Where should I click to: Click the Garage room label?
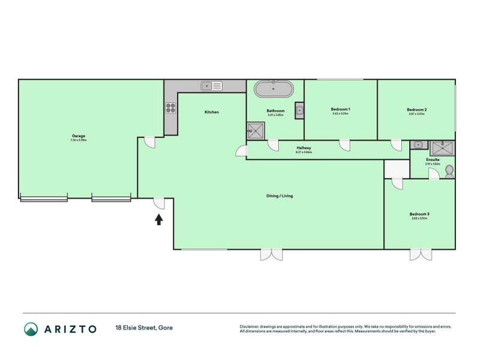click(x=79, y=136)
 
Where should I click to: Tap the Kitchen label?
click(x=211, y=112)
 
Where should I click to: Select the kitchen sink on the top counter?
click(x=211, y=86)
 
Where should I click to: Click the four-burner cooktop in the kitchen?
click(x=170, y=109)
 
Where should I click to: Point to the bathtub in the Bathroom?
click(x=274, y=90)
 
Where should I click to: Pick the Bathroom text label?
click(x=275, y=111)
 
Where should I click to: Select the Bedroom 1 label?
click(x=340, y=109)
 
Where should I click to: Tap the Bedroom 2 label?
click(x=416, y=110)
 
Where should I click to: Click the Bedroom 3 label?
click(x=419, y=214)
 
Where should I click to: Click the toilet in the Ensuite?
click(x=449, y=172)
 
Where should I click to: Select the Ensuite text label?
click(x=433, y=160)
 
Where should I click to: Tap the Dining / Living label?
click(x=280, y=196)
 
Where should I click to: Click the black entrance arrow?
click(x=159, y=220)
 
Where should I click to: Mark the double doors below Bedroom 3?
click(x=419, y=254)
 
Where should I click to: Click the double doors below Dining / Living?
click(x=271, y=254)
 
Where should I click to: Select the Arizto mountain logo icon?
click(x=31, y=329)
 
